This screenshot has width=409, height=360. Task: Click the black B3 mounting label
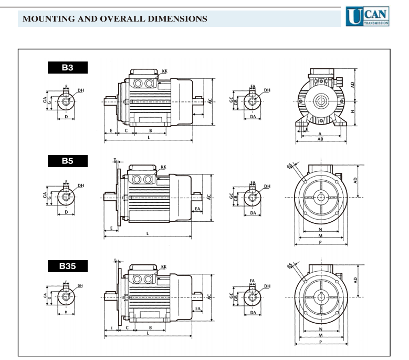tap(66, 68)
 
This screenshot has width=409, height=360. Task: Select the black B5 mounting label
tap(66, 161)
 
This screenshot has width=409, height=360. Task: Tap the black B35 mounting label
tap(66, 266)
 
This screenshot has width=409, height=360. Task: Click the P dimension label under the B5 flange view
tap(321, 243)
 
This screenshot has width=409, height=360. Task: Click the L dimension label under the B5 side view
tap(148, 233)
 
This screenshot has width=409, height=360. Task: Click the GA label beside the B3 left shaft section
tap(45, 99)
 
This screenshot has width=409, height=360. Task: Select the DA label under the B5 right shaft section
tap(253, 213)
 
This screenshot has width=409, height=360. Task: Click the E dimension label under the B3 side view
tap(111, 130)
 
